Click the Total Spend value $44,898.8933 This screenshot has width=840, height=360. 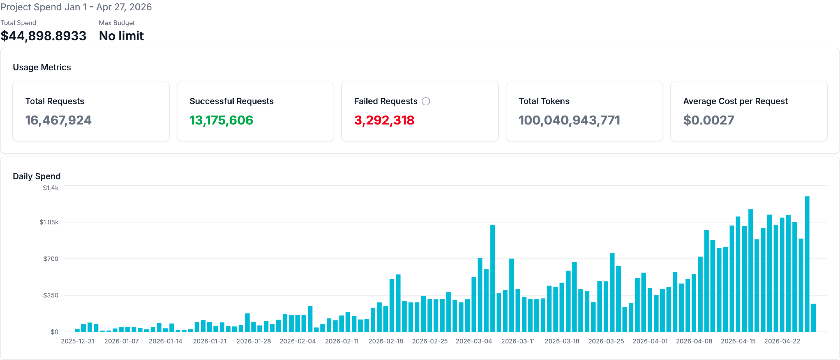pos(43,35)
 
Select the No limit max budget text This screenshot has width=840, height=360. pos(121,35)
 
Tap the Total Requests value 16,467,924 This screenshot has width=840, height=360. pos(58,120)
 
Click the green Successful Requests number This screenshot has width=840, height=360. pos(221,120)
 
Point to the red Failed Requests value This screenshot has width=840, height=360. pos(384,120)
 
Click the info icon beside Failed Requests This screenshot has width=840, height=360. pos(426,101)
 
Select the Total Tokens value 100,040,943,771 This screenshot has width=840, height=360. pos(569,120)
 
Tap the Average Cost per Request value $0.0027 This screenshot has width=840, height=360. pos(709,120)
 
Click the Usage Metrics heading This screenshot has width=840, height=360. pos(42,67)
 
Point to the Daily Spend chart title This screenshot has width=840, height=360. pos(37,176)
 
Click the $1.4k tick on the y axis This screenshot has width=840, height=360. pos(50,187)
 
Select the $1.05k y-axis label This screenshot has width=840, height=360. pos(49,222)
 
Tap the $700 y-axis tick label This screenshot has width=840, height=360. pos(50,259)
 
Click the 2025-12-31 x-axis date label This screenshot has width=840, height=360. pos(78,341)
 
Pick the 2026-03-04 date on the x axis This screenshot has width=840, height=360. pos(474,341)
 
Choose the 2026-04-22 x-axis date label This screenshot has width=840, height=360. pos(782,341)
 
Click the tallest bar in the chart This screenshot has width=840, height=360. pos(807,264)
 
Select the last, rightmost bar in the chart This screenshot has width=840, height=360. pos(814,318)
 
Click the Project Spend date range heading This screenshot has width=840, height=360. pos(76,7)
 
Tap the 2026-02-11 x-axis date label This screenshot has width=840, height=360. pos(342,341)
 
